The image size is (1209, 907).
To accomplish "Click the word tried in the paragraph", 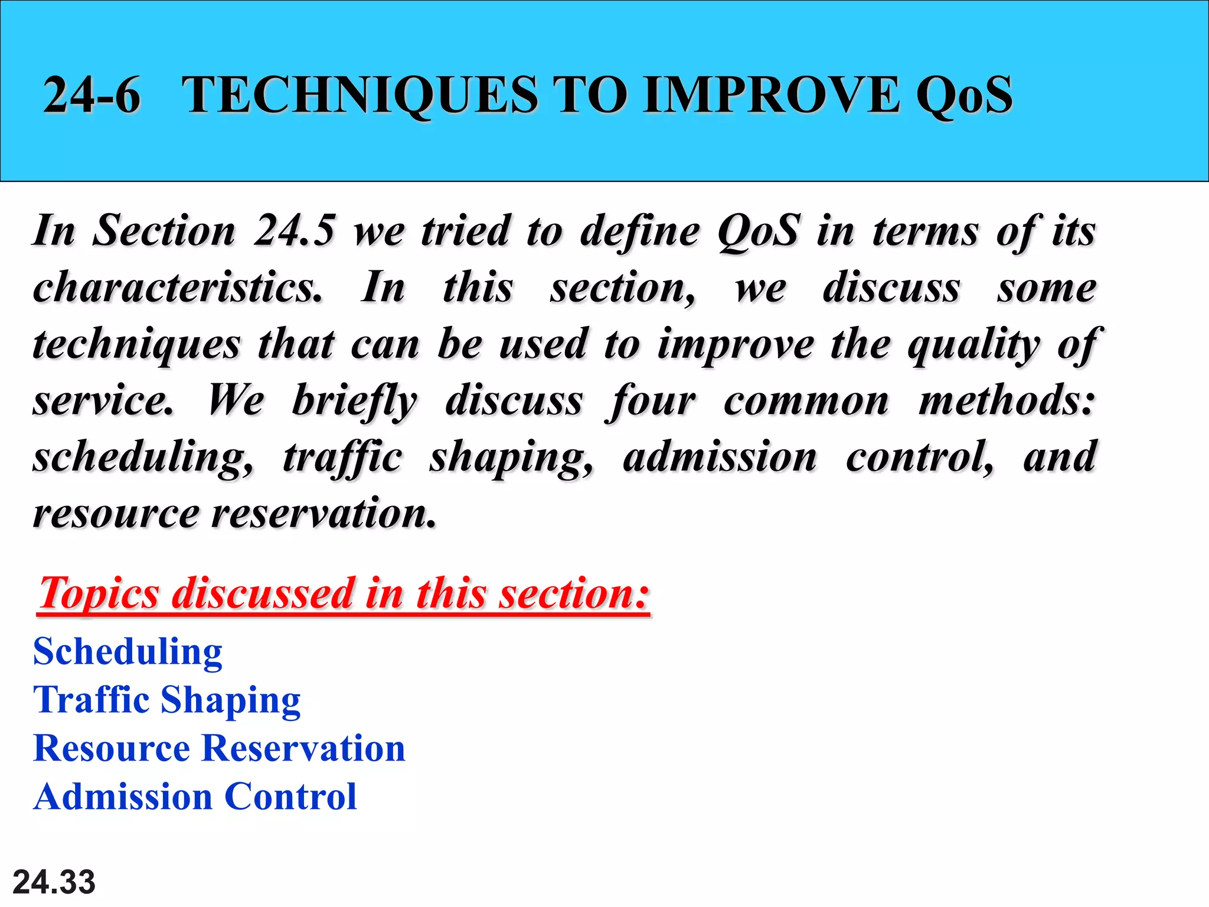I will pyautogui.click(x=465, y=230).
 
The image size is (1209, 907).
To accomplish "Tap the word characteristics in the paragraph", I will pyautogui.click(x=178, y=287).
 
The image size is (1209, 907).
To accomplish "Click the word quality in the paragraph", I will pyautogui.click(x=974, y=345).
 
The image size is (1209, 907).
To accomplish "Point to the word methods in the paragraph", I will pyautogui.click(x=1006, y=400).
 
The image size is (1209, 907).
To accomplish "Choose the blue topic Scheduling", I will pyautogui.click(x=128, y=652).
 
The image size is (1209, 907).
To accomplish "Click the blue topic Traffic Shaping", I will pyautogui.click(x=167, y=701).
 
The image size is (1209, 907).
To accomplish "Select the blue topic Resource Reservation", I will pyautogui.click(x=219, y=748).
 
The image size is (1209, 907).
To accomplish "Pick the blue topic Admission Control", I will pyautogui.click(x=195, y=797).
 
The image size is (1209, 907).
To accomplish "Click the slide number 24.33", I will pyautogui.click(x=54, y=882).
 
